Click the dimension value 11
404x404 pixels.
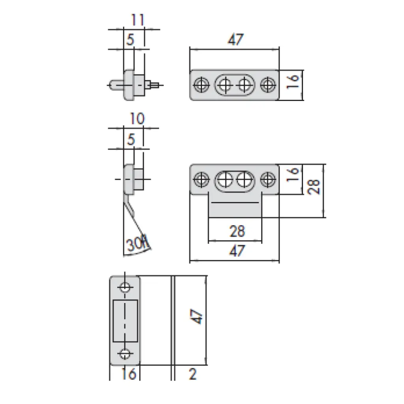point(137,20)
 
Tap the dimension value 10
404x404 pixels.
point(137,119)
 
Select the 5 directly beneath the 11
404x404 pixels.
point(130,39)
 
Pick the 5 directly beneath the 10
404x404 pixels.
point(131,139)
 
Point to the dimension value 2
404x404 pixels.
point(192,374)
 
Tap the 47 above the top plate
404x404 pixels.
point(235,39)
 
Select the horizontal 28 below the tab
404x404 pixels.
point(237,231)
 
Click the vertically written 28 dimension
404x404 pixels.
point(314,187)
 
